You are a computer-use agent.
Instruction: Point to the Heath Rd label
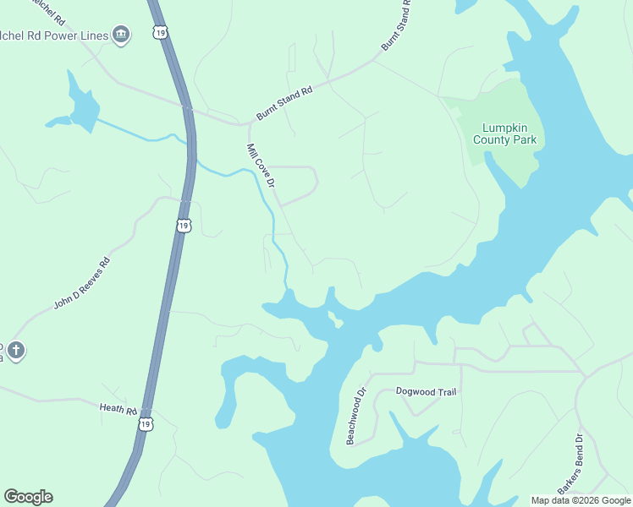[x=118, y=409]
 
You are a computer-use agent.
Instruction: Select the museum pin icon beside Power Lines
[x=121, y=35]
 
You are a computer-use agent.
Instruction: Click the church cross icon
[x=16, y=350]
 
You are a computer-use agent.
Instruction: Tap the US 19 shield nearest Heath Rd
[x=146, y=422]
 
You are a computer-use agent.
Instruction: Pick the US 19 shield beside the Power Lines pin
[x=161, y=32]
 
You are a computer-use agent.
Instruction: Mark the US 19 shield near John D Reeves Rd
[x=184, y=226]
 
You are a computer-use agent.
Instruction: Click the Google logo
[x=28, y=497]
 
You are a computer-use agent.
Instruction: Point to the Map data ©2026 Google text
[x=581, y=500]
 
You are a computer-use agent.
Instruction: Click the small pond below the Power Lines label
[x=83, y=107]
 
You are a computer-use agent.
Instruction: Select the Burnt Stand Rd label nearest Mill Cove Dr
[x=285, y=102]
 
